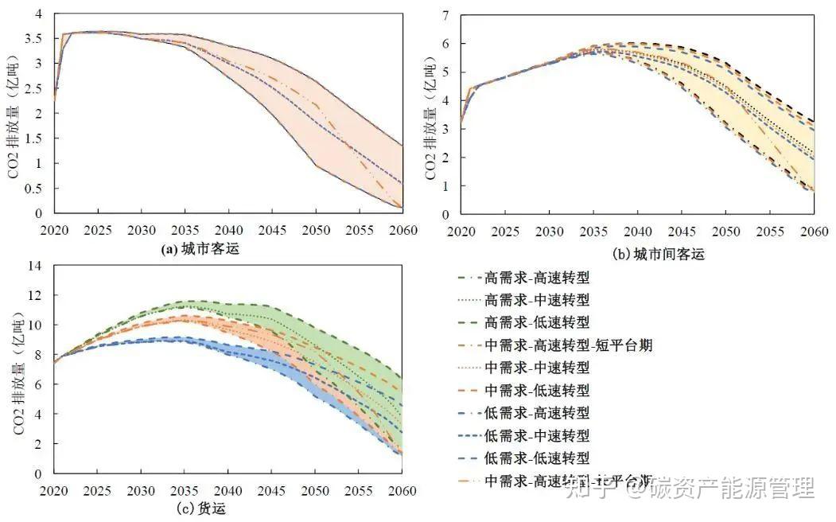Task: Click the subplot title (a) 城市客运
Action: [200, 249]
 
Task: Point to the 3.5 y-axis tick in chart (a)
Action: [35, 38]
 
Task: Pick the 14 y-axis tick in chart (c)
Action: [37, 265]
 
